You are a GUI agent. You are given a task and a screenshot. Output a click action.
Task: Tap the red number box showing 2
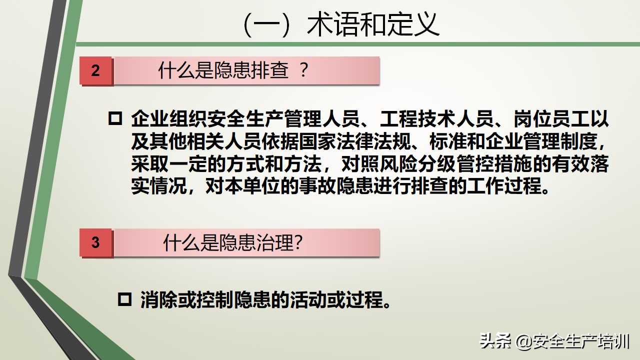pyautogui.click(x=95, y=70)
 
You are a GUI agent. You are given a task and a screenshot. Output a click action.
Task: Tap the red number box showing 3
pyautogui.click(x=95, y=242)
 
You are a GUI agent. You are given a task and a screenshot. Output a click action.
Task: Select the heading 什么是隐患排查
pyautogui.click(x=223, y=70)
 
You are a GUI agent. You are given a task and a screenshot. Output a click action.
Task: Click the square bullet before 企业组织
pyautogui.click(x=115, y=119)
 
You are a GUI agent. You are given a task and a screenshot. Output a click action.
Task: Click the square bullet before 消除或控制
pyautogui.click(x=124, y=299)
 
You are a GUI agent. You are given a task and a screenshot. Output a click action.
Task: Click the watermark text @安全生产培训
pyautogui.click(x=573, y=342)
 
